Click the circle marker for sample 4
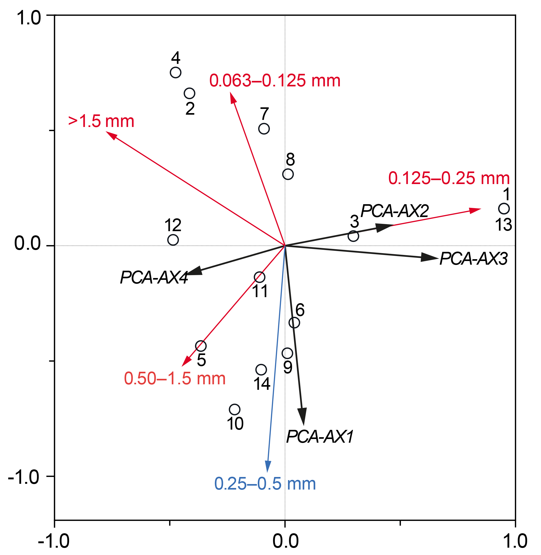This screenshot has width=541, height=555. click(176, 73)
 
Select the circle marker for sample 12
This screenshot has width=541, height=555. click(173, 240)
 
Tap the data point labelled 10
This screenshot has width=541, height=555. click(235, 409)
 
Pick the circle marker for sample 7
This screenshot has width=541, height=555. click(264, 129)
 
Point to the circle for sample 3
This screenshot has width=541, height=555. click(353, 236)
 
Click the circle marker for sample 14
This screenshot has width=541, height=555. click(261, 370)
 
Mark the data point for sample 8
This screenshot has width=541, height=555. click(288, 174)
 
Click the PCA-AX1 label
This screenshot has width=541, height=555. click(320, 437)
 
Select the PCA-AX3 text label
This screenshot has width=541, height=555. click(473, 259)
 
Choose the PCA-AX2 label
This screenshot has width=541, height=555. click(394, 211)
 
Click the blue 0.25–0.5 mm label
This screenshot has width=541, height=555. click(265, 484)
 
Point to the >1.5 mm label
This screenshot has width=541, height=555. click(101, 121)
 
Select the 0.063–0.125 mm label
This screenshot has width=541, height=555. click(275, 81)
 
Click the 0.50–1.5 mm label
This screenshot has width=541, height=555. click(175, 379)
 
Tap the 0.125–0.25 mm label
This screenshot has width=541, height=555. click(449, 179)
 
